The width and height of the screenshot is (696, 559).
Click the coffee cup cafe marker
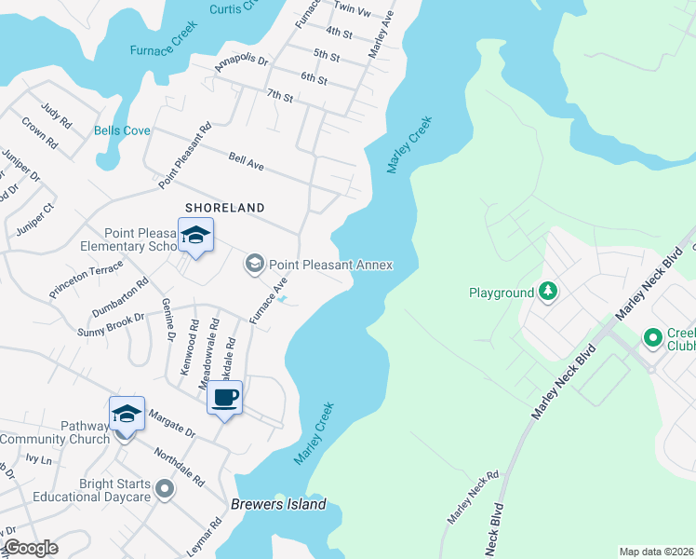[224, 398]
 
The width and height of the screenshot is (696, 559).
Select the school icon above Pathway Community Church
[127, 414]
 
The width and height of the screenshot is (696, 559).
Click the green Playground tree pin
[549, 293]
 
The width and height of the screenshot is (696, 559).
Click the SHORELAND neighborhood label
[224, 208]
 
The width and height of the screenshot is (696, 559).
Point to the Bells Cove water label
[122, 131]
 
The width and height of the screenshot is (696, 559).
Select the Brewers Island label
[278, 505]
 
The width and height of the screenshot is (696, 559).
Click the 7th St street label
[279, 95]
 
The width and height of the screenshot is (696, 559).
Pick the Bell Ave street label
[247, 161]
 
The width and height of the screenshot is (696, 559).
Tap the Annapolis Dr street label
[241, 63]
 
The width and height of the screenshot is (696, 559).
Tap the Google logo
[31, 548]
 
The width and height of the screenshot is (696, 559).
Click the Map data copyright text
[656, 552]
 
